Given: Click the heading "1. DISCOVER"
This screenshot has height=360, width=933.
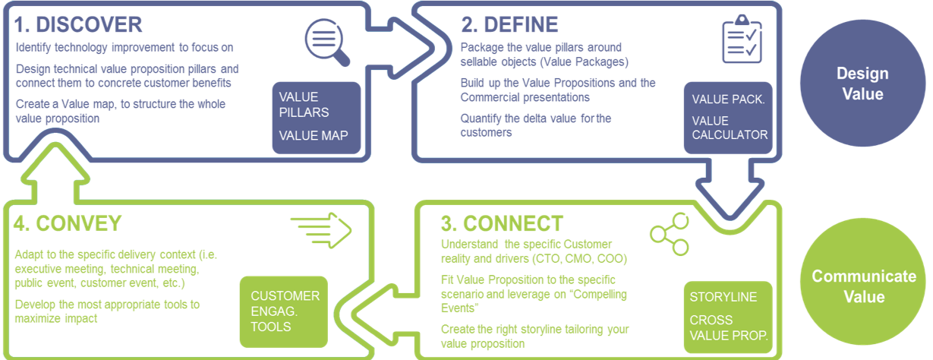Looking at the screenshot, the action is [x=78, y=24].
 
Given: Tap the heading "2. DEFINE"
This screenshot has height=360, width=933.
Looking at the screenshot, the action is [x=509, y=24].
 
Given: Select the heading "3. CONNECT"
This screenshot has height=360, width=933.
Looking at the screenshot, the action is [x=502, y=223].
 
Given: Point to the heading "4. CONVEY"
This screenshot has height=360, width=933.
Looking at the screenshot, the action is [x=68, y=223].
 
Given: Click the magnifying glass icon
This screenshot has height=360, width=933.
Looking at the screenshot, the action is [x=327, y=42].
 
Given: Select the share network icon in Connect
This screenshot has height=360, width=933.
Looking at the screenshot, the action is [x=670, y=234].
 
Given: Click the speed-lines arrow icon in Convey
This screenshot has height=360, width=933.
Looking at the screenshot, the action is [x=321, y=230].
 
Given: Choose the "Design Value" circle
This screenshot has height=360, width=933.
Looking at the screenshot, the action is [x=862, y=83].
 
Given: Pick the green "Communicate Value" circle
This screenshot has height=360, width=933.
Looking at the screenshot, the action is [x=863, y=282].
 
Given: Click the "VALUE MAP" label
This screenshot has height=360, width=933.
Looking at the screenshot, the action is [x=314, y=135].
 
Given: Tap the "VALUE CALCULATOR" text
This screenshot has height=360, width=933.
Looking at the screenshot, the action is [x=730, y=128].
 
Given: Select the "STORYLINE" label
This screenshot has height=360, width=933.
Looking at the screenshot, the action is [x=723, y=297].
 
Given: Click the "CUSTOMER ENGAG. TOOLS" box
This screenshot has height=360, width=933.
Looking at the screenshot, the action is [x=284, y=311].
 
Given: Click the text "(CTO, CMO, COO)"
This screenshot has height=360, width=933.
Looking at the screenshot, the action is [x=580, y=259].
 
